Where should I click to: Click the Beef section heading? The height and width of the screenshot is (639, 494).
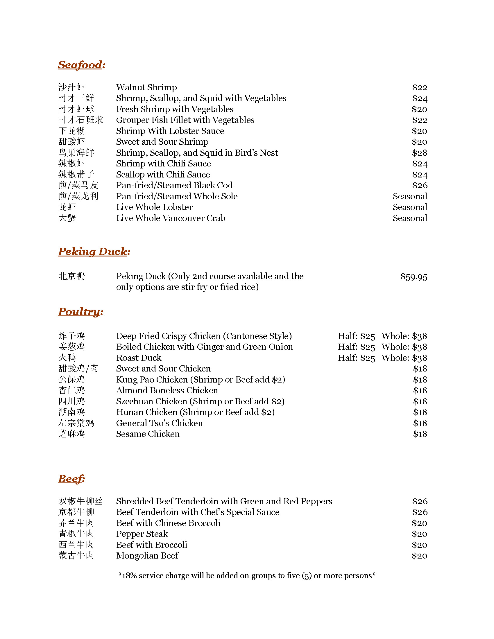pos(71,479)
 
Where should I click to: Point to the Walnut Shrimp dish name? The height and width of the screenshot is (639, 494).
pos(146,87)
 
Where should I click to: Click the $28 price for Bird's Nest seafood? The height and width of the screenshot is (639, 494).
pos(419,153)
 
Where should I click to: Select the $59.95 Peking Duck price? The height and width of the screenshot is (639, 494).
pos(414,277)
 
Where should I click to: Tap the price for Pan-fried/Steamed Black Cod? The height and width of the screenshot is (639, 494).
pos(419,185)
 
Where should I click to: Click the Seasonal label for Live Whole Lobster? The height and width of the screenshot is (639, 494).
pos(410,207)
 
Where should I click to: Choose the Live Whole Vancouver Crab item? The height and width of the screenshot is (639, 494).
pos(171,218)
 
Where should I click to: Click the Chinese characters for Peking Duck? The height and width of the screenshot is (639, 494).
pos(71,276)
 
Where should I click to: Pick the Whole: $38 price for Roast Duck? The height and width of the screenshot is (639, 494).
pos(404,358)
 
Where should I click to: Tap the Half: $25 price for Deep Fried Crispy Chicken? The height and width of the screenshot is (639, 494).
pos(356,336)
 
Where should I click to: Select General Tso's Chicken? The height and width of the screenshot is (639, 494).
pos(159,423)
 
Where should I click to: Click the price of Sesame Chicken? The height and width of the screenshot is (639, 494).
pos(420,434)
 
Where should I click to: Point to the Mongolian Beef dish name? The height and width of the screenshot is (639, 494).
pos(147,555)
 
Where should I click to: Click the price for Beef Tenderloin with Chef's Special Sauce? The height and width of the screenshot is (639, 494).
pos(420,512)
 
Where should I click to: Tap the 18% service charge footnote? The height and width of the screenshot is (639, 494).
pos(247,575)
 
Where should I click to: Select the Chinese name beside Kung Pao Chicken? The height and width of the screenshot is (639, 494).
pos(71,380)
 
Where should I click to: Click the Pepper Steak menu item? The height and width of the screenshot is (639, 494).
pos(142,534)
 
